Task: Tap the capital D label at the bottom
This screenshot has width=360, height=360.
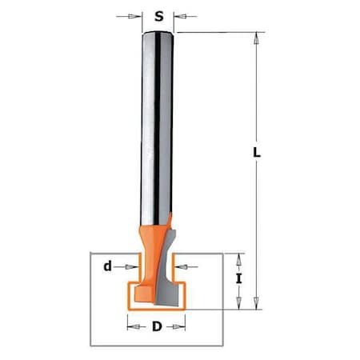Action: point(157,326)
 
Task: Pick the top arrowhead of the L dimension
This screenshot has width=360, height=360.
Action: point(257,36)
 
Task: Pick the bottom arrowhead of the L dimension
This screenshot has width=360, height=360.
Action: point(257,306)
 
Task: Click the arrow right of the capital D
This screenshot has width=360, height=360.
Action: point(182,326)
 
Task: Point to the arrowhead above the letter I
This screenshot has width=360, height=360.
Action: point(238,258)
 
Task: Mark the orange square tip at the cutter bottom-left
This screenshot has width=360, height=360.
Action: point(136,296)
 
